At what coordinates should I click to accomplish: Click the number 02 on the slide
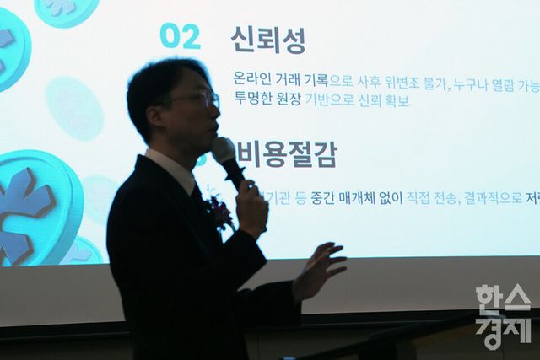(180, 36)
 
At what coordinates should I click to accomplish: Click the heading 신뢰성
(267, 39)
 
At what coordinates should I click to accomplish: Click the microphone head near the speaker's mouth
(224, 151)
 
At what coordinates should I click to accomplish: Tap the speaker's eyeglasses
(199, 99)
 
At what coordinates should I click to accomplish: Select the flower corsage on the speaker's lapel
(219, 210)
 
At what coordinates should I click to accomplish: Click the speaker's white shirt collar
(172, 169)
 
